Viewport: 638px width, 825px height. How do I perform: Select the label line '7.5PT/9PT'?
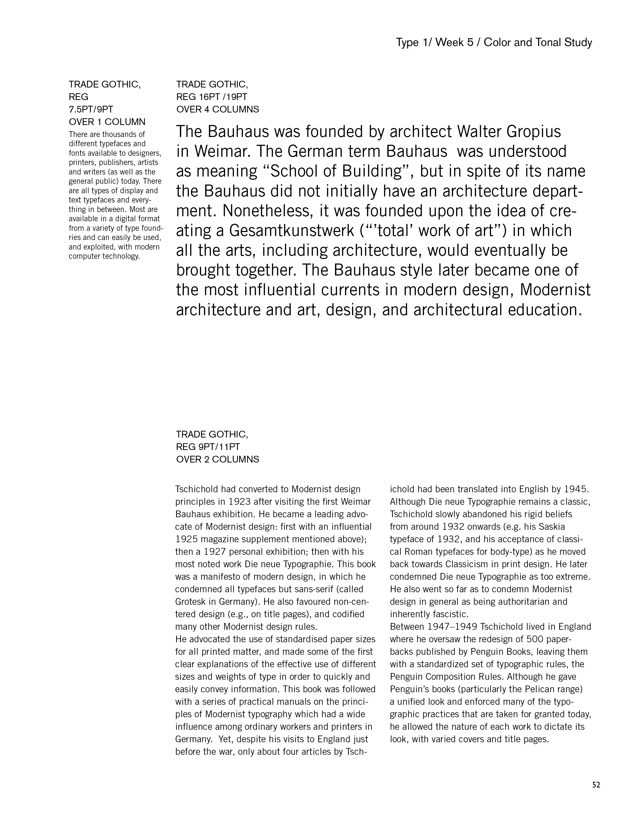[x=91, y=109]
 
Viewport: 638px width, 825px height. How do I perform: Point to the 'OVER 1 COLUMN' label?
[x=107, y=122]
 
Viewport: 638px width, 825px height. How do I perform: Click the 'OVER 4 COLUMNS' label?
[x=217, y=109]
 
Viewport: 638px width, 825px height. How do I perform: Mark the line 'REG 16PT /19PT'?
[x=212, y=97]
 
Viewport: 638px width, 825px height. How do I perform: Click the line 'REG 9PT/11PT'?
[x=208, y=447]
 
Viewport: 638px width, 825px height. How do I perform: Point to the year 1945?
[x=577, y=489]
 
